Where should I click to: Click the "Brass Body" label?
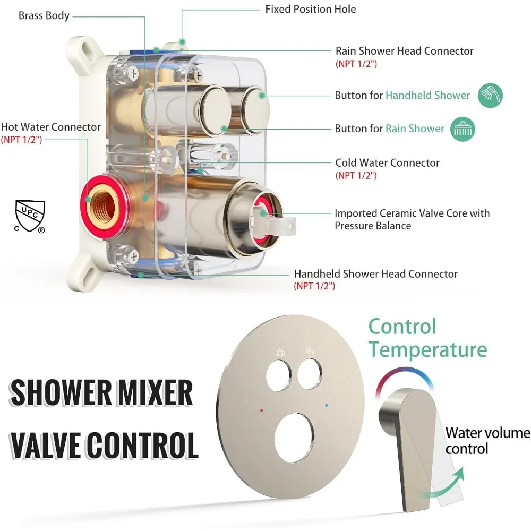pyautogui.click(x=44, y=15)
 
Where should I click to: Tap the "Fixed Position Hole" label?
pyautogui.click(x=311, y=9)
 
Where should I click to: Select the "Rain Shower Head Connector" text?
pyautogui.click(x=404, y=51)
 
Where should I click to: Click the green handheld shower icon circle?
pyautogui.click(x=491, y=96)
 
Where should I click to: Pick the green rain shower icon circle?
pyautogui.click(x=463, y=129)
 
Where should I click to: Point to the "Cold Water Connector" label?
pyautogui.click(x=387, y=162)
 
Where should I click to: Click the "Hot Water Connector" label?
pyautogui.click(x=50, y=127)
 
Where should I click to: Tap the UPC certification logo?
pyautogui.click(x=30, y=217)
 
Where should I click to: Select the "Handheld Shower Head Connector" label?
pyautogui.click(x=375, y=274)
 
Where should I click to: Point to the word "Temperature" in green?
pyautogui.click(x=427, y=349)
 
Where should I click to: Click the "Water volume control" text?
pyautogui.click(x=487, y=441)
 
